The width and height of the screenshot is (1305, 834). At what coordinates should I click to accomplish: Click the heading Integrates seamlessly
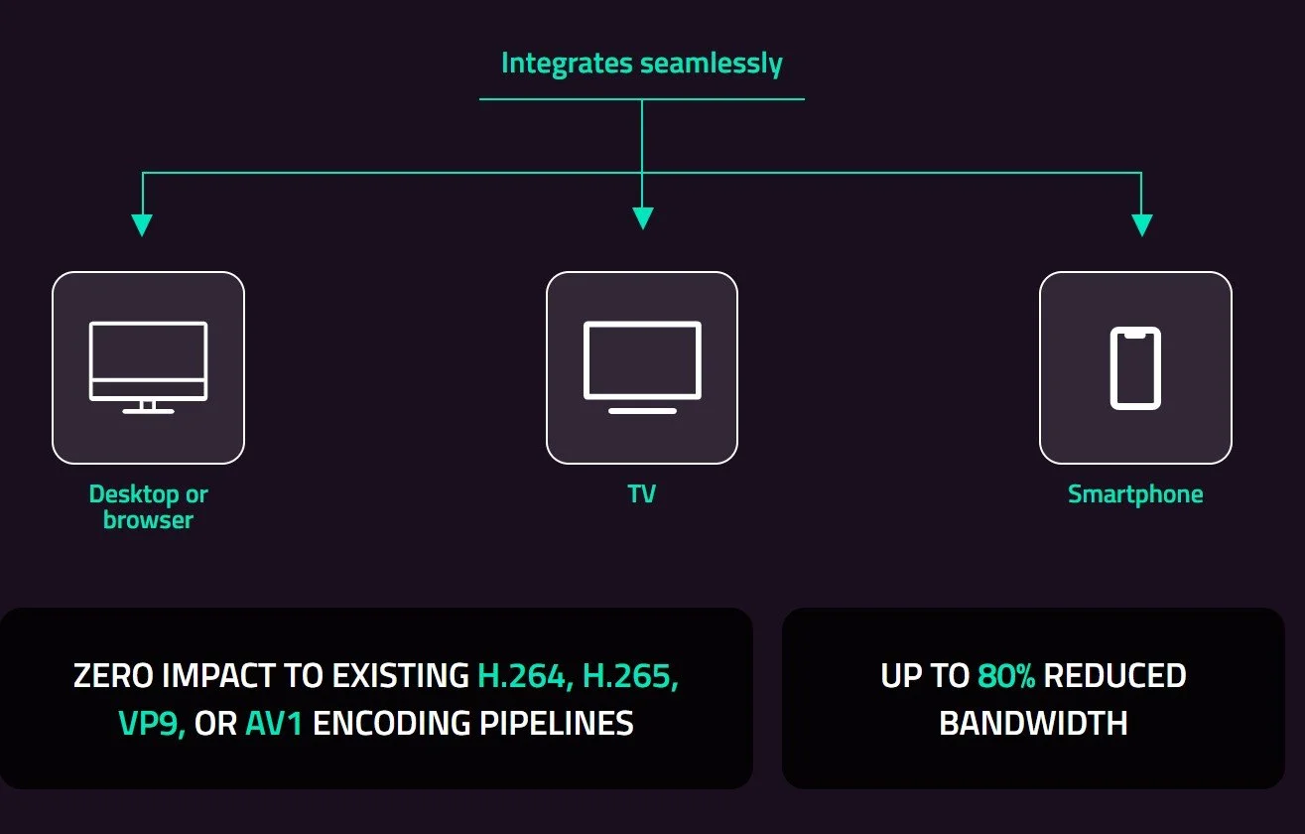[x=641, y=64]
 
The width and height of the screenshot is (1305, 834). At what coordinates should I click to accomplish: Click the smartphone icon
[x=1135, y=367]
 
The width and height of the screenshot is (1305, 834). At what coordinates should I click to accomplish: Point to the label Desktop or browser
[x=148, y=506]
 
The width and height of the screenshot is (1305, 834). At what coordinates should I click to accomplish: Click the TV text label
[x=641, y=493]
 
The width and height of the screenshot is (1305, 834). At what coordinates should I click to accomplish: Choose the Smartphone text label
[x=1135, y=493]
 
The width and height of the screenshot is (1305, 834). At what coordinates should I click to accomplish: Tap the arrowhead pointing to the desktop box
[x=142, y=223]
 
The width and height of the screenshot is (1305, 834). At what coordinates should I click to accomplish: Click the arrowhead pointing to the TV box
[x=642, y=217]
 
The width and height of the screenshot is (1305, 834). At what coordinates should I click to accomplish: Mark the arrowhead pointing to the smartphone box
[x=1141, y=223]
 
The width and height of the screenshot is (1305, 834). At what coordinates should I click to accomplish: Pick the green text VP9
[x=152, y=723]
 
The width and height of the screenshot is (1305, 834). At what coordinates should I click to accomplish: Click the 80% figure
[x=1005, y=676]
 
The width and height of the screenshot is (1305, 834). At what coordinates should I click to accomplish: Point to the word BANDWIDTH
[x=1033, y=723]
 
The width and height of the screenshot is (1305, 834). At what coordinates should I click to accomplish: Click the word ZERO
[x=113, y=676]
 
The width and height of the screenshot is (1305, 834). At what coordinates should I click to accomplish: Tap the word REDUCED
[x=1114, y=676]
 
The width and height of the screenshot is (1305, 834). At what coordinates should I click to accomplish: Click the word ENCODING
[x=392, y=723]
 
